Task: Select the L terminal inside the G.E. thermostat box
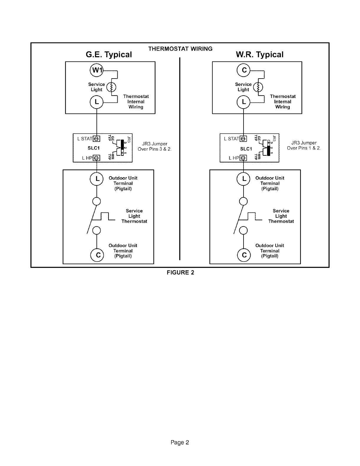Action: click(x=97, y=102)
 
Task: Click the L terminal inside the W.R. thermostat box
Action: click(x=244, y=102)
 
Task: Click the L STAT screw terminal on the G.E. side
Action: click(x=97, y=139)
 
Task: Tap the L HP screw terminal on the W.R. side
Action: click(x=244, y=158)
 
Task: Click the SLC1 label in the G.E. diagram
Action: click(x=94, y=148)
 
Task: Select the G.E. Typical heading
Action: click(x=109, y=55)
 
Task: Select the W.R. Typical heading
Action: click(x=260, y=55)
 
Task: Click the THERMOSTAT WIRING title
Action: click(x=180, y=49)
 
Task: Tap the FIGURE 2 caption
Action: click(x=180, y=272)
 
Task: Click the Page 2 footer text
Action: click(x=180, y=442)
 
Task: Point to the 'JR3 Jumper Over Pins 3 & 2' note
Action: click(x=155, y=147)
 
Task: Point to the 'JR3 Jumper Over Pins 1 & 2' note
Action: click(x=304, y=146)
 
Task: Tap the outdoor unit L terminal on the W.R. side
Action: click(x=244, y=179)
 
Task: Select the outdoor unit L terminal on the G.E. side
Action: click(x=97, y=179)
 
